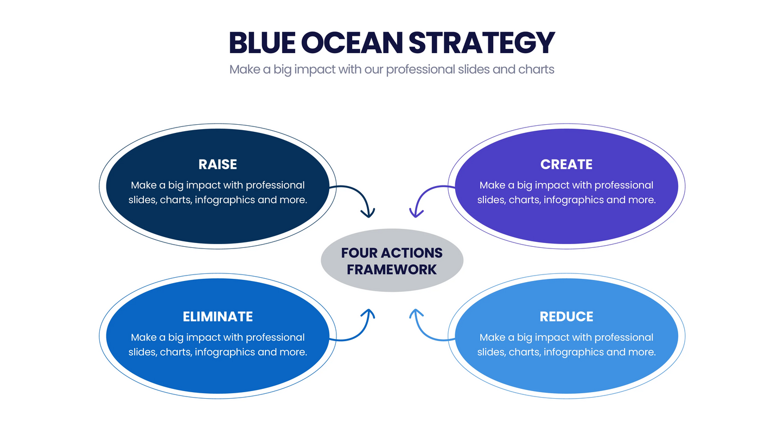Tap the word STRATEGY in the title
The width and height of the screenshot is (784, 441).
coord(481,42)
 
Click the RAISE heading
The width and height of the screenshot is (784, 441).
coord(218,164)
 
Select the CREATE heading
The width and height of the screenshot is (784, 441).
coord(566,164)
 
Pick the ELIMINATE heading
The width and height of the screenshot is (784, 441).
coord(218,316)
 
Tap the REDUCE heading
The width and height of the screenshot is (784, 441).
coord(566,316)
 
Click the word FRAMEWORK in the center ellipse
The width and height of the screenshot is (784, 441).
coord(392,269)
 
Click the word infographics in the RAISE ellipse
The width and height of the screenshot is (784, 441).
coord(225,200)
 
